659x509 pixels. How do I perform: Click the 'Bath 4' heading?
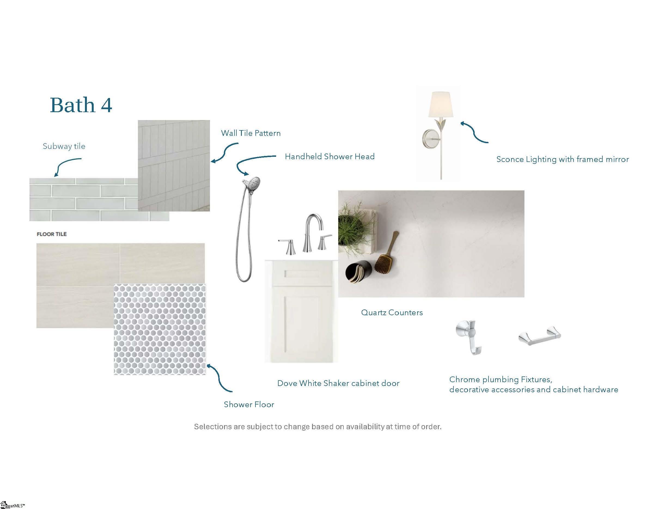[81, 105]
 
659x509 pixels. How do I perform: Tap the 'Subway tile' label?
[64, 146]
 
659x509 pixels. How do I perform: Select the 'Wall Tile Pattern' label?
[251, 133]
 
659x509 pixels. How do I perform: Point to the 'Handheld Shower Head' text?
[330, 157]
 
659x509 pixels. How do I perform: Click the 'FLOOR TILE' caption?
[51, 234]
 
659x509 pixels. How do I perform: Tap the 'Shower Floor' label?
[249, 404]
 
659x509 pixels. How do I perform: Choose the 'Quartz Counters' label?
[392, 312]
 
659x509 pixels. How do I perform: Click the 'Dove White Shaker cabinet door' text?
[338, 383]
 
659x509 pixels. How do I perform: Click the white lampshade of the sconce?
[441, 104]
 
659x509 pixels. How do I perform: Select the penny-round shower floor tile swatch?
[160, 329]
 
